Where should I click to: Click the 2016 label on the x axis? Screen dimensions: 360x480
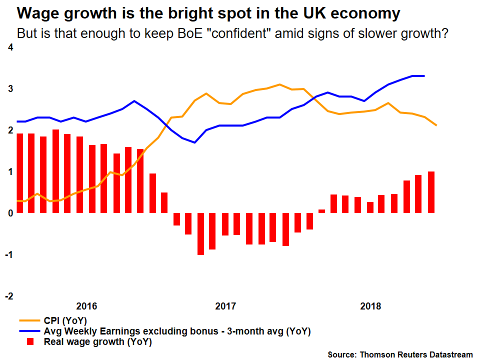(x=86, y=306)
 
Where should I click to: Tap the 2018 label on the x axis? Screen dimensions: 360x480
(x=370, y=306)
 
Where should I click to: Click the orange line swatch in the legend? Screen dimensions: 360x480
(x=29, y=320)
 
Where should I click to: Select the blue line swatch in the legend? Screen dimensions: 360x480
(x=29, y=331)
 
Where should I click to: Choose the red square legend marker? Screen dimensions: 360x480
(x=29, y=342)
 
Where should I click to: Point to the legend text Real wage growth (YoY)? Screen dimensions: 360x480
(x=98, y=342)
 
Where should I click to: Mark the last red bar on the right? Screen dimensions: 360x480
(x=431, y=192)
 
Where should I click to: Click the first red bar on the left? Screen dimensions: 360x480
(x=20, y=173)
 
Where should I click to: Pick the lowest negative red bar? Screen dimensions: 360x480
(x=200, y=234)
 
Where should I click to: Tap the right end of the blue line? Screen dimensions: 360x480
(x=424, y=76)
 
